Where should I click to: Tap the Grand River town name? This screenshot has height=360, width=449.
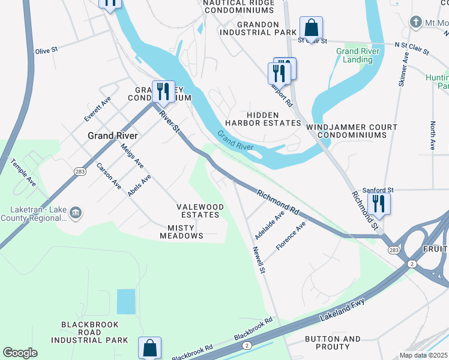click(x=113, y=136)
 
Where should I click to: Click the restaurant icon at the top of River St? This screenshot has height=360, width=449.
click(x=163, y=91)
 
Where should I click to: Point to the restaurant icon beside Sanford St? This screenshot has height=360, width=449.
click(x=379, y=203)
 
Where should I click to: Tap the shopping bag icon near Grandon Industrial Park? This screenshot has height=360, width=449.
click(x=311, y=27)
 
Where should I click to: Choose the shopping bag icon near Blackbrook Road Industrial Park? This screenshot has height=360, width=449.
click(x=149, y=347)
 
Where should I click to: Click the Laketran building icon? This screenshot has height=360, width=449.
click(x=76, y=212)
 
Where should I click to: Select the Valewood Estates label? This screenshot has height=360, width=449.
click(x=200, y=211)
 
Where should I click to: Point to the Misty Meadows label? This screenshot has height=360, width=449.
click(x=182, y=232)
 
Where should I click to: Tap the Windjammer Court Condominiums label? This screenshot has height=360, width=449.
click(x=351, y=131)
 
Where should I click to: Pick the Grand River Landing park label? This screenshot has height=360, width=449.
click(x=354, y=55)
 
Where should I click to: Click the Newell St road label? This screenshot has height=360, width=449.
click(x=259, y=260)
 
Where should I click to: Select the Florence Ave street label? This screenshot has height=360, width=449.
click(x=291, y=235)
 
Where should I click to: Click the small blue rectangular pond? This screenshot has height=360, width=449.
click(x=126, y=301)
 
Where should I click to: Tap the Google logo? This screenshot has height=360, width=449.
click(x=20, y=353)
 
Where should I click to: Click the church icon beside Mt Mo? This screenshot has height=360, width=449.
click(x=415, y=22)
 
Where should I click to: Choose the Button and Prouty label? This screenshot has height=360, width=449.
click(x=333, y=343)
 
